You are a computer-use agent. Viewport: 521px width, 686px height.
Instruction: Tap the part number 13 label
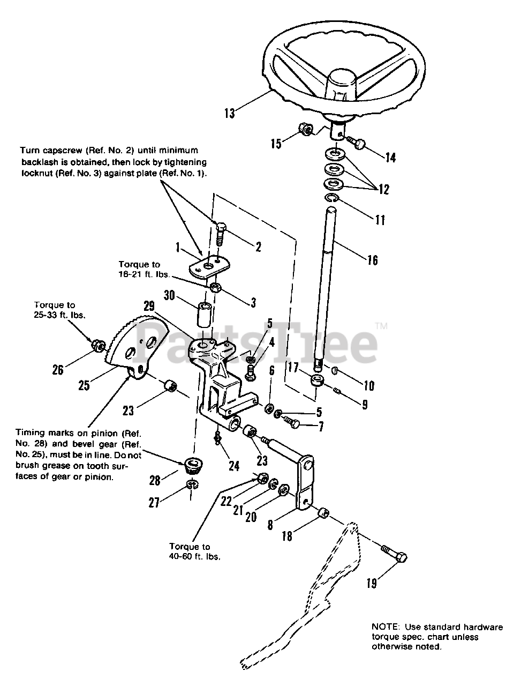229,114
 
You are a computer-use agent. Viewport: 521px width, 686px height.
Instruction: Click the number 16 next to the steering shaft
372,260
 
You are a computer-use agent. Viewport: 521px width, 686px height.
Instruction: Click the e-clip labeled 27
191,485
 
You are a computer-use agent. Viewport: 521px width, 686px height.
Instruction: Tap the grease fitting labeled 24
217,438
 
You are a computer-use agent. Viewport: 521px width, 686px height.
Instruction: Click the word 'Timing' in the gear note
29,433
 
